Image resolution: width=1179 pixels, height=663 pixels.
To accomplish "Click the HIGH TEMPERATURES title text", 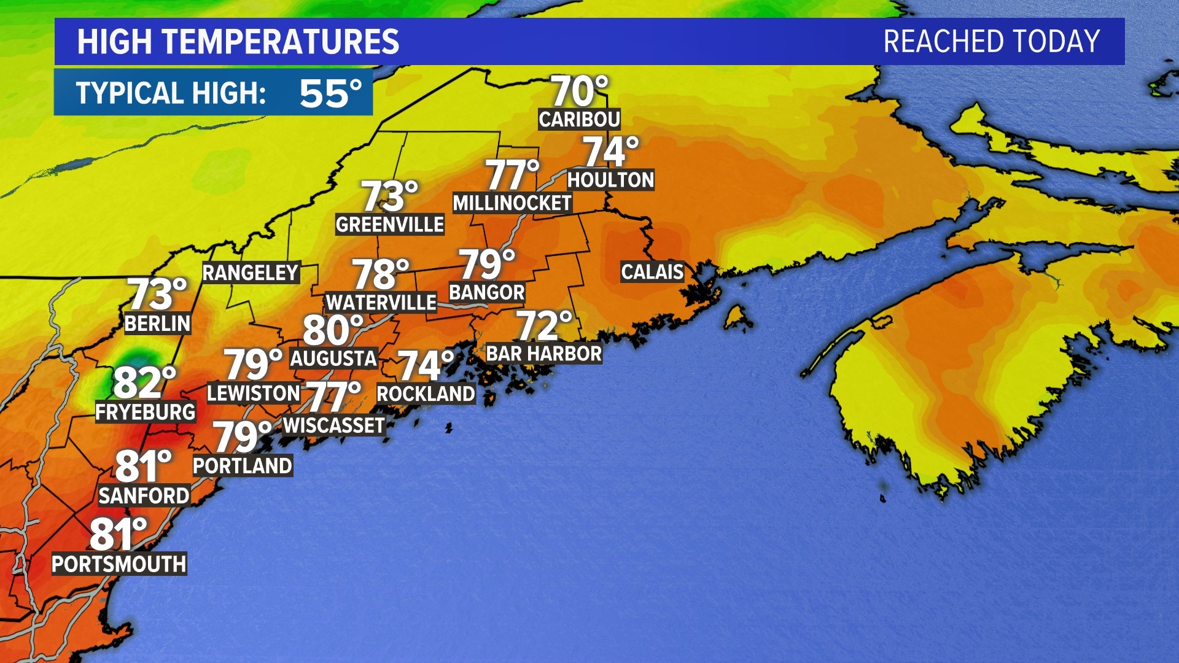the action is tap(238, 42).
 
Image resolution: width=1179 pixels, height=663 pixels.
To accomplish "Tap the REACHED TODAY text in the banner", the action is tap(991, 42).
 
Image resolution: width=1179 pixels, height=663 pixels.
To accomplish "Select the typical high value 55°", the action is tap(330, 93).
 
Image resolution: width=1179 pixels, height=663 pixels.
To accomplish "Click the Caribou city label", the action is tap(579, 119).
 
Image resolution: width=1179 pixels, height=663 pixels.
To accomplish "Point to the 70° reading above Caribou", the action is tap(579, 91).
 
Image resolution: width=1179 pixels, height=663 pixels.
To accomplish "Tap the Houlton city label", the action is tap(610, 180).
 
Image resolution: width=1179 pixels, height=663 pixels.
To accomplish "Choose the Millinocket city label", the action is tap(512, 203).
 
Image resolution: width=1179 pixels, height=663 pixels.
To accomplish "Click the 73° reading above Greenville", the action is tap(389, 196).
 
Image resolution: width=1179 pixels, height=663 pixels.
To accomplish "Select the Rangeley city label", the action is tap(251, 273).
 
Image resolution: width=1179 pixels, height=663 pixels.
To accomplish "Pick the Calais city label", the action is tap(652, 271).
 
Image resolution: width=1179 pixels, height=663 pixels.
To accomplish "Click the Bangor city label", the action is tap(487, 292).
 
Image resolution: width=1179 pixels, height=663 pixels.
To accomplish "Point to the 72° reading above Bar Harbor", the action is tap(544, 325).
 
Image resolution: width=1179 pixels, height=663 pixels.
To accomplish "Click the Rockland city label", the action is tap(426, 394).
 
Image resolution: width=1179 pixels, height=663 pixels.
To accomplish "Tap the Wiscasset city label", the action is tap(334, 425).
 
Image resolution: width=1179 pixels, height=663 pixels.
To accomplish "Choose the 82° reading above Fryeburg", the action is tap(144, 382).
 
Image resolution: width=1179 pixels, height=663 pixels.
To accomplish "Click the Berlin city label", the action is tap(158, 324).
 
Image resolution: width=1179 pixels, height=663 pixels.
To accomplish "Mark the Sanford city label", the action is tap(144, 495).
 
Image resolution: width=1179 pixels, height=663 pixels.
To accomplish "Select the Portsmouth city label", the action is tap(119, 564).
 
